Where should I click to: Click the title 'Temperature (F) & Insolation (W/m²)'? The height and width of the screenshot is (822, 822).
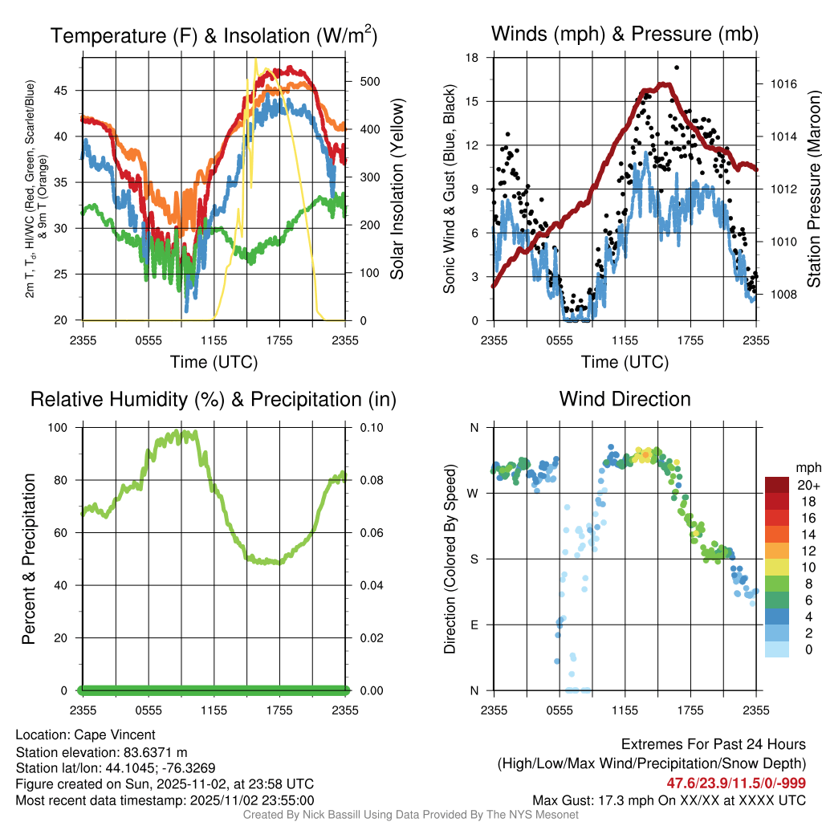214,35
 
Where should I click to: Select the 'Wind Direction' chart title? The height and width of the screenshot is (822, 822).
625,399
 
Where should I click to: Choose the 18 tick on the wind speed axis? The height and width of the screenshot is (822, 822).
472,58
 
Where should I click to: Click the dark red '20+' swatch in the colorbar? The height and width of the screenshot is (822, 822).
778,485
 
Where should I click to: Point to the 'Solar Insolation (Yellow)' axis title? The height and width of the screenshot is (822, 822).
397,189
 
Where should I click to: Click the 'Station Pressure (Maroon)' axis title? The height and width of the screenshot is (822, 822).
812,189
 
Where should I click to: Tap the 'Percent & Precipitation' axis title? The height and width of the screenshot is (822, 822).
29,558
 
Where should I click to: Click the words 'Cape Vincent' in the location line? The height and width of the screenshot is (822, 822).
115,735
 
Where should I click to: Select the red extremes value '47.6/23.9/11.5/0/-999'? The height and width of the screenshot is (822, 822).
736,783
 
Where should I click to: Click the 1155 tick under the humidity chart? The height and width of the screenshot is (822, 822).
214,710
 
